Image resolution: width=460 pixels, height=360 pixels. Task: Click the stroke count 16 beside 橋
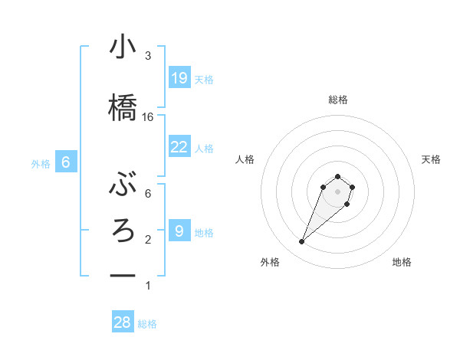point(148,117)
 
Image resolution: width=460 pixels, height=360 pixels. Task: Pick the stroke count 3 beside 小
point(148,56)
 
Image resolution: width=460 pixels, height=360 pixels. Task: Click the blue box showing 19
point(179,77)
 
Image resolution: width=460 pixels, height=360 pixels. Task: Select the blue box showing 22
point(179,147)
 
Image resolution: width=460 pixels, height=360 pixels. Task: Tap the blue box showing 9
point(179,231)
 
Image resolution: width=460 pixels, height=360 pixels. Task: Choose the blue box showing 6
point(66,162)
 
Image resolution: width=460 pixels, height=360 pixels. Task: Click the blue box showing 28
point(123,322)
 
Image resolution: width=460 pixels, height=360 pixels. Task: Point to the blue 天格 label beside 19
point(204,79)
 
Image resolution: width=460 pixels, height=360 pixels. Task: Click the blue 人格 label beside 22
point(204,149)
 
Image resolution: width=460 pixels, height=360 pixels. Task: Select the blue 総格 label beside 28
point(147,324)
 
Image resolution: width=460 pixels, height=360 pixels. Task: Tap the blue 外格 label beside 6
point(41,163)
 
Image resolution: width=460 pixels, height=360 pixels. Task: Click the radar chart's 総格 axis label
point(338,100)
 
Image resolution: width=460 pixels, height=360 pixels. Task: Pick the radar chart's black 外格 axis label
point(270,262)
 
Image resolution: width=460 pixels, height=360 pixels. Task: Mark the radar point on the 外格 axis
point(302,242)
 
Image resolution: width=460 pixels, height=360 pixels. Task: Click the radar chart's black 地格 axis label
point(402,262)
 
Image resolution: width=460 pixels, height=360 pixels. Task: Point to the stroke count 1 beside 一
point(148,286)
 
